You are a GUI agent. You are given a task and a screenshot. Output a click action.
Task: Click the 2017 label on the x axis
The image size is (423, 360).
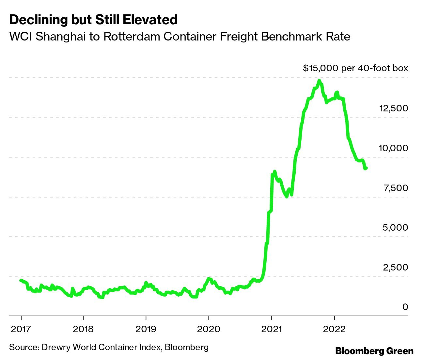(x=21, y=329)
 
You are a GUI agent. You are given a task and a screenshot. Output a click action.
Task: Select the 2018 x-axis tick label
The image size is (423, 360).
(x=83, y=329)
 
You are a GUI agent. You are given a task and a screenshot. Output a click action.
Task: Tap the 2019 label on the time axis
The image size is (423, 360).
(x=146, y=329)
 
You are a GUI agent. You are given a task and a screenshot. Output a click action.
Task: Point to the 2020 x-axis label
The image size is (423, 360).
(x=209, y=329)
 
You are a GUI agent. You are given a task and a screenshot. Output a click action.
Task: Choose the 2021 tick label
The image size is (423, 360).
(x=272, y=329)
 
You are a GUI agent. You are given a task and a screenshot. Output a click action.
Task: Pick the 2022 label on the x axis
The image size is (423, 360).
(x=334, y=329)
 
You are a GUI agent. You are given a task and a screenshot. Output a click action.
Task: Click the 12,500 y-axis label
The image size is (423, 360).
(x=393, y=108)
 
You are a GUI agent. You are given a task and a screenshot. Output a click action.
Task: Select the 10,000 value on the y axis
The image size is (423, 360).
(x=393, y=148)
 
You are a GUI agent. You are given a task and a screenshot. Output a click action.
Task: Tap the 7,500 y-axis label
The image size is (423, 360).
(x=395, y=188)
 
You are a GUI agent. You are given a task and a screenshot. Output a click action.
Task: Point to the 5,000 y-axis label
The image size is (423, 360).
(x=395, y=227)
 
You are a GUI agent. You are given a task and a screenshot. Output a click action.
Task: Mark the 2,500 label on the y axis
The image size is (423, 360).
(x=395, y=267)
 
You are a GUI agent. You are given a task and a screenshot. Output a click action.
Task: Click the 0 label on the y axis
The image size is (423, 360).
(x=405, y=307)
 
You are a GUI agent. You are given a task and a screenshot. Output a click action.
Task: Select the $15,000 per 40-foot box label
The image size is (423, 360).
(x=355, y=68)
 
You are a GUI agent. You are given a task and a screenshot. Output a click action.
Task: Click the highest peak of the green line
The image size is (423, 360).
(x=319, y=80)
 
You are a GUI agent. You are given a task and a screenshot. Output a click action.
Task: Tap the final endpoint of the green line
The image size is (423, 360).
(x=367, y=168)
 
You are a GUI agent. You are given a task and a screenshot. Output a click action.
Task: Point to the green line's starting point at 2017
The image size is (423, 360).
(x=21, y=280)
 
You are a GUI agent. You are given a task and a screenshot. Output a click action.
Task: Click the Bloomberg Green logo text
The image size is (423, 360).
(x=374, y=351)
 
